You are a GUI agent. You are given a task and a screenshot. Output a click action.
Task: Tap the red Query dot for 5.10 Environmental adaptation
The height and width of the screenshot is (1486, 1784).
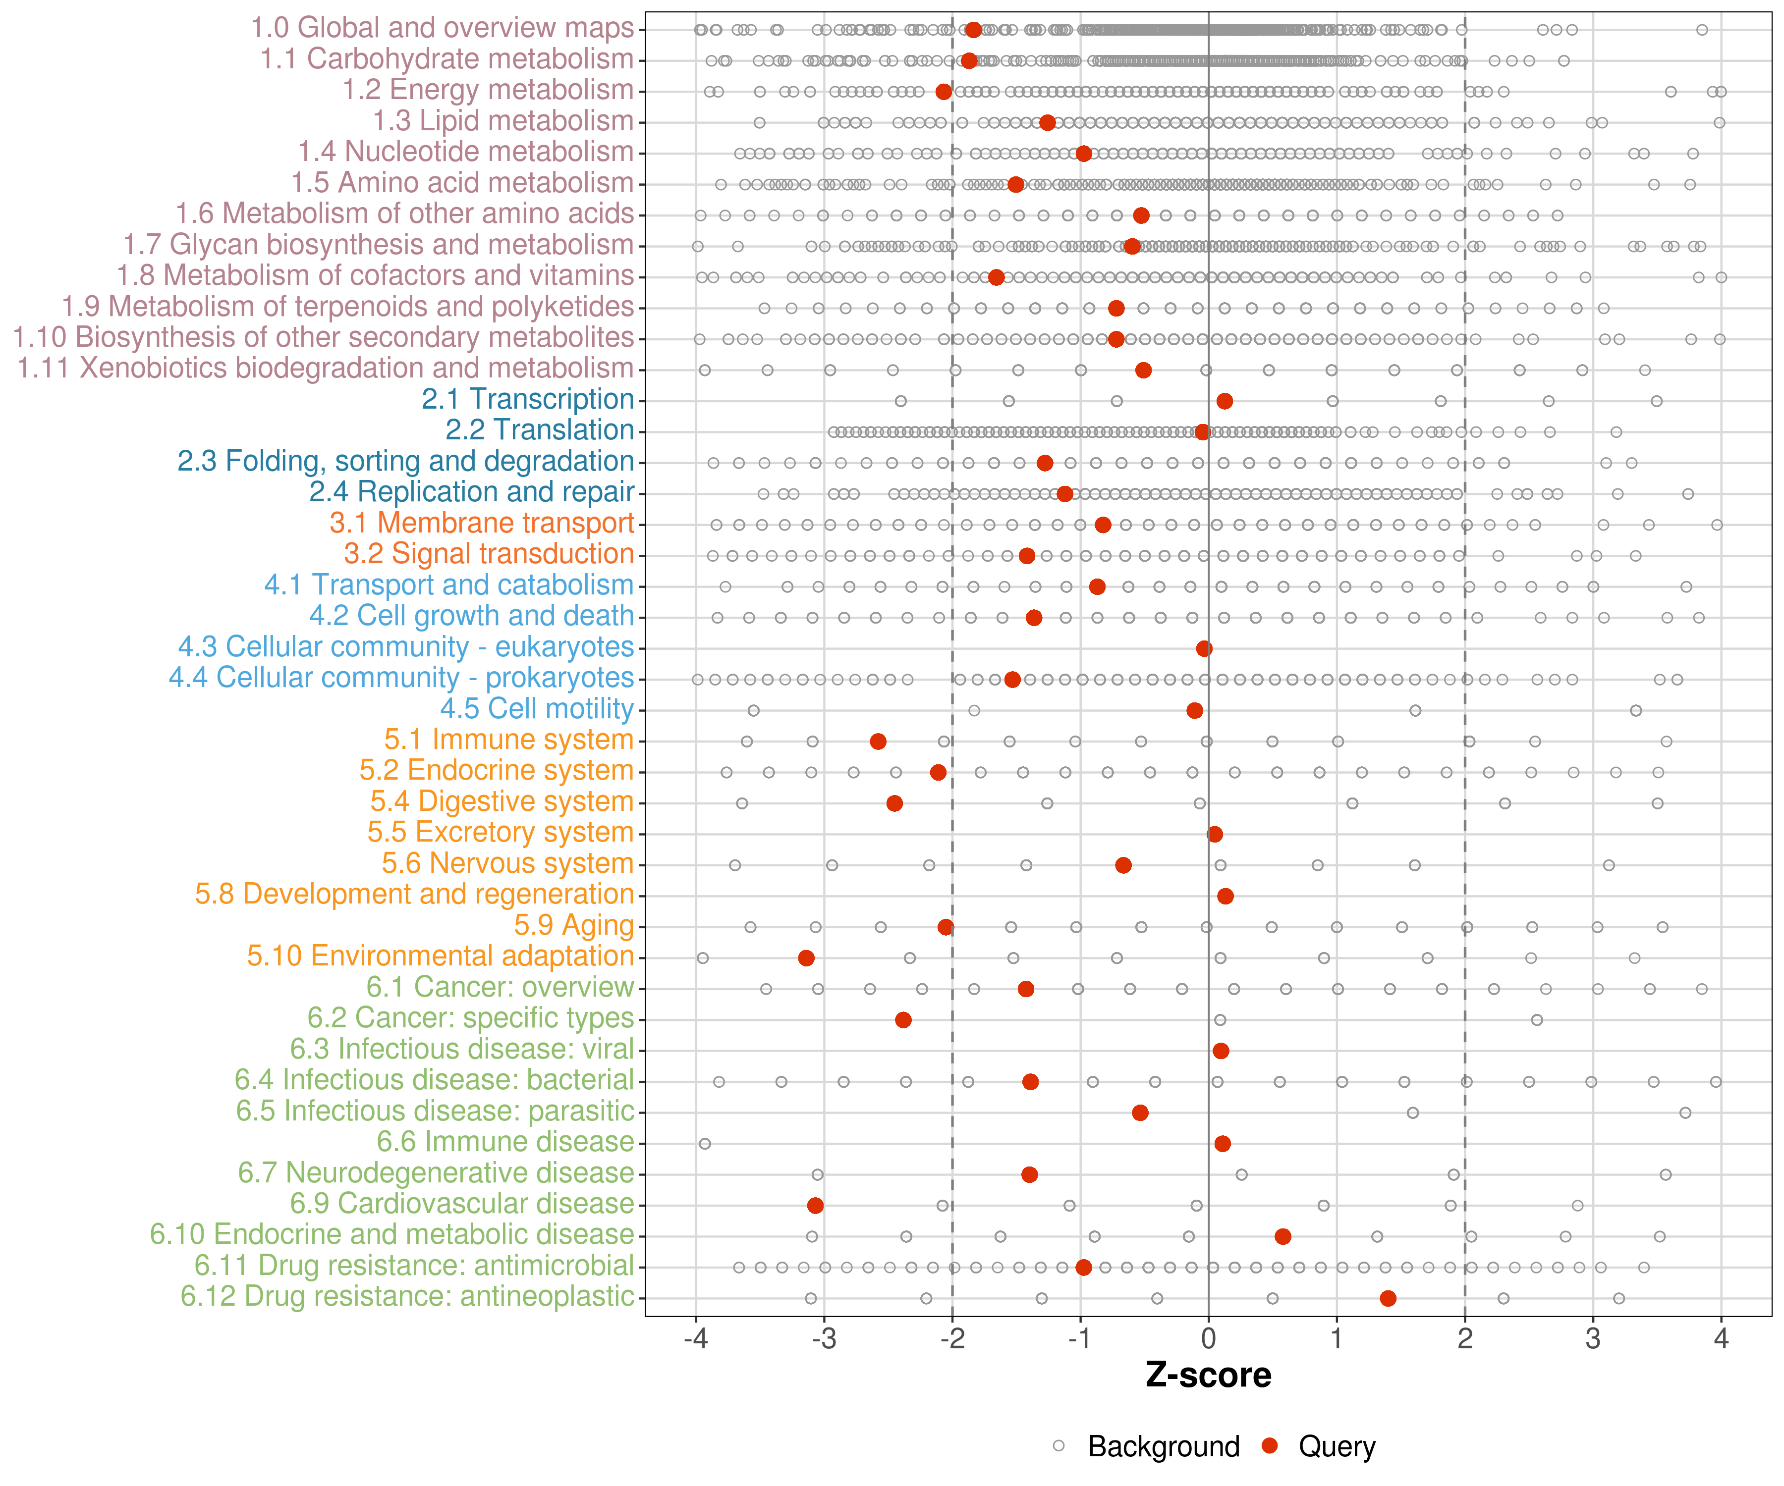[x=806, y=958]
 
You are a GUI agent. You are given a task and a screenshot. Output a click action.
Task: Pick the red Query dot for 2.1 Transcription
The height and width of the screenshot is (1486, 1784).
[x=1224, y=401]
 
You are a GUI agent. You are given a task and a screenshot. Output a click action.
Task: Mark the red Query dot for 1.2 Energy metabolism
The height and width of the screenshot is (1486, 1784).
[x=943, y=92]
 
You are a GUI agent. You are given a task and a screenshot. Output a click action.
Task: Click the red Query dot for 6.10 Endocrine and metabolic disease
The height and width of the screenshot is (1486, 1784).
[x=1283, y=1236]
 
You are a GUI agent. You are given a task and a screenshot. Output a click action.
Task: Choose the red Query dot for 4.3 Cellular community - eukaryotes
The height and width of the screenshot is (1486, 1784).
[x=1204, y=649]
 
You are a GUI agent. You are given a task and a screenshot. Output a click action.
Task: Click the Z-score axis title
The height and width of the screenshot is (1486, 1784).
[x=1208, y=1376]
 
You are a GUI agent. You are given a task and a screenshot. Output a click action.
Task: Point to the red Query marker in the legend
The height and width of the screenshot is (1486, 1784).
[x=1270, y=1446]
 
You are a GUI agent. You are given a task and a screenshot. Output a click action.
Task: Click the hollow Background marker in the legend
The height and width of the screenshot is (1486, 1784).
[x=1059, y=1446]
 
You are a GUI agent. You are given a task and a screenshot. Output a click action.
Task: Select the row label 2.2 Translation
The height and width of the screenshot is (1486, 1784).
[x=540, y=430]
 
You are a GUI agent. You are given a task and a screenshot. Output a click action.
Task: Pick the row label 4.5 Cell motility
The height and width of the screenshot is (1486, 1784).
[x=537, y=708]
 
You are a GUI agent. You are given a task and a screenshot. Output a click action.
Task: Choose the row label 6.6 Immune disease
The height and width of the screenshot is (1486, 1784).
[x=505, y=1142]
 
